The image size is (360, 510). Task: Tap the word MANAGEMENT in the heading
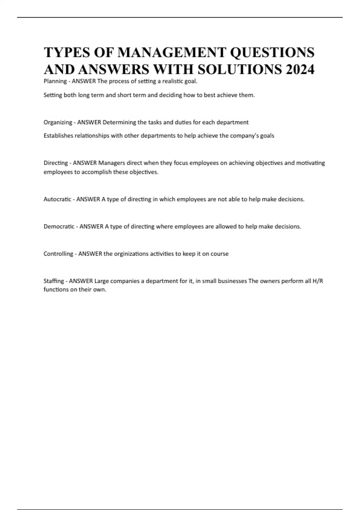(172, 52)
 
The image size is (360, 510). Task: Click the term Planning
(55, 81)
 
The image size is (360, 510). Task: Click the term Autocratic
(57, 199)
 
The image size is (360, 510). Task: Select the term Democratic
(59, 226)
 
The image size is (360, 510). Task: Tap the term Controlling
(58, 254)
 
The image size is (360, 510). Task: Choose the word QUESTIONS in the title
(272, 52)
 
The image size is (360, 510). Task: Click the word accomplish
(96, 172)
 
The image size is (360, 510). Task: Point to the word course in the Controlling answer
(220, 254)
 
